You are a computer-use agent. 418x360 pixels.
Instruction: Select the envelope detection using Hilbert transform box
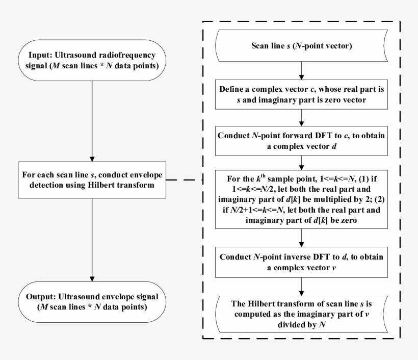pos(92,180)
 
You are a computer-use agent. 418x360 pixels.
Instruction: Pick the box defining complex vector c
pos(303,94)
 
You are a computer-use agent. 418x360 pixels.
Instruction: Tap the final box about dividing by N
pos(303,313)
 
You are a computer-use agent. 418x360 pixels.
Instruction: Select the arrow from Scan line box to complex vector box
pos(303,70)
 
